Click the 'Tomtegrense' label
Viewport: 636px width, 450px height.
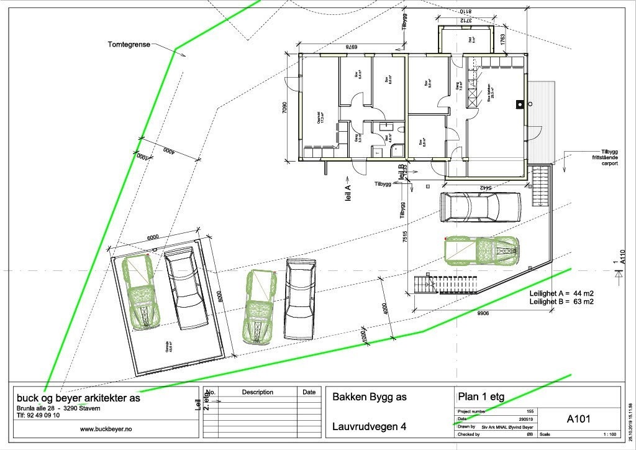129,44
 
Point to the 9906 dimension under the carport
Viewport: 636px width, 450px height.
483,314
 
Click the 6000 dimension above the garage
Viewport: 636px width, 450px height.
153,237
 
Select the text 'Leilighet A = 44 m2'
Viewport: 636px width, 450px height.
562,293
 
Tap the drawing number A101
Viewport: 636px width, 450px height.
578,419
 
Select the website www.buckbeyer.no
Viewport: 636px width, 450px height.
106,429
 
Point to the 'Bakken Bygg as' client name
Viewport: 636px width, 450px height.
370,397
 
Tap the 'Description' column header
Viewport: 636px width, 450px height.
257,392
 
